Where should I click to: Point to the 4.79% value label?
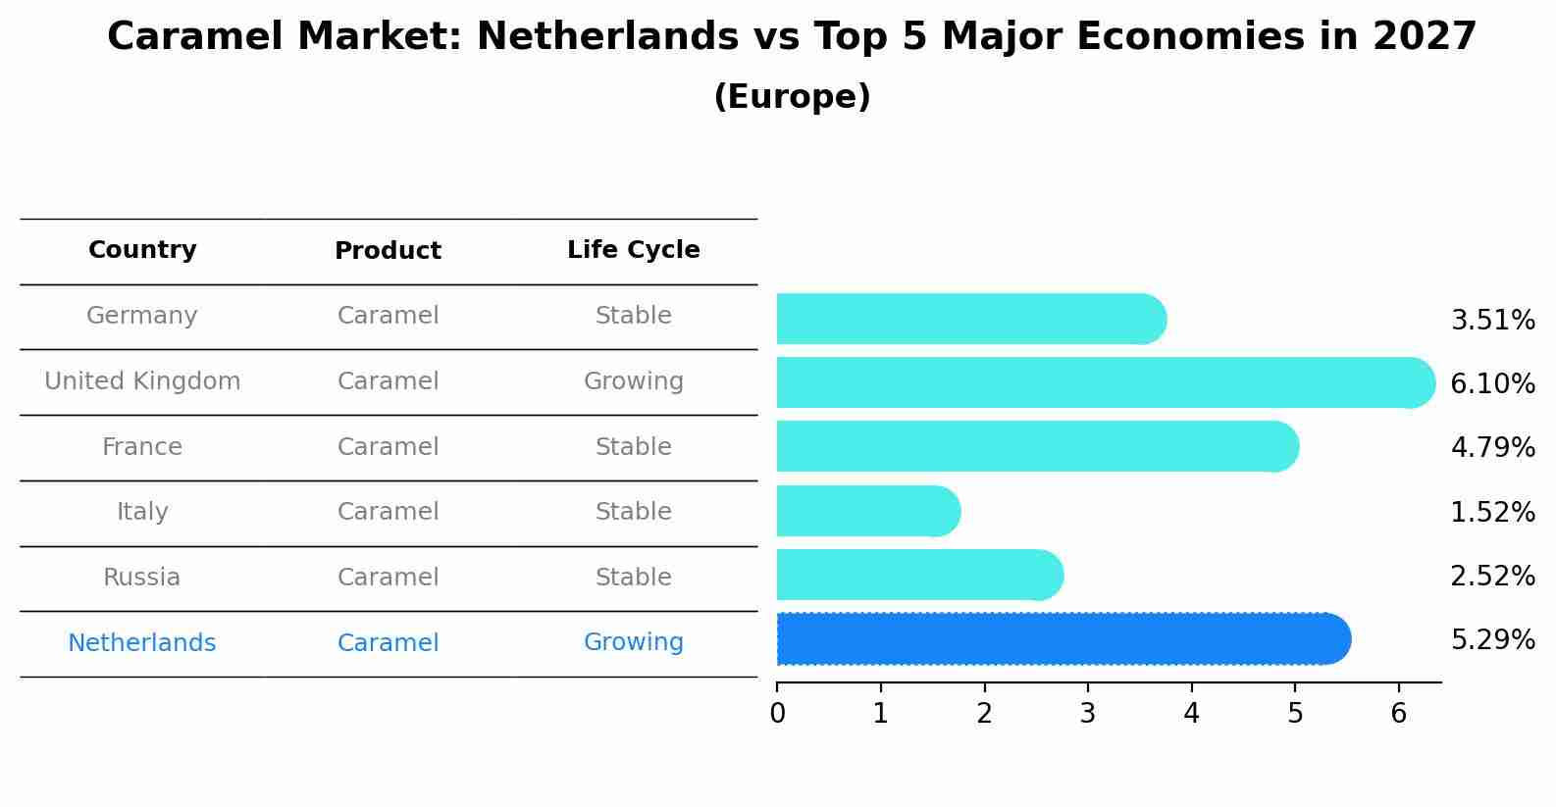click(1492, 448)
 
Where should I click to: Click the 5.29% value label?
click(1492, 640)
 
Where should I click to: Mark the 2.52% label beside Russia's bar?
click(1492, 577)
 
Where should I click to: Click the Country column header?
click(142, 250)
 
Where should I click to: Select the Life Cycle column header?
click(634, 250)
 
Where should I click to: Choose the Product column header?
click(388, 251)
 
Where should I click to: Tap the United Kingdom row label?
click(142, 381)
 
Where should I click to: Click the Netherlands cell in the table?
click(142, 643)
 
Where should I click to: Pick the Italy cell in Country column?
click(142, 512)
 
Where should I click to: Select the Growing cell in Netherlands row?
click(634, 642)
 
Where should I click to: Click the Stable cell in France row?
click(634, 447)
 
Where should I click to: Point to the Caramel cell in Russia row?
click(388, 578)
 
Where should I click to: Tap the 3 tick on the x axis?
click(1088, 714)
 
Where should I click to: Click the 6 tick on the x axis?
click(1399, 714)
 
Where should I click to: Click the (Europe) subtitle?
click(792, 97)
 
